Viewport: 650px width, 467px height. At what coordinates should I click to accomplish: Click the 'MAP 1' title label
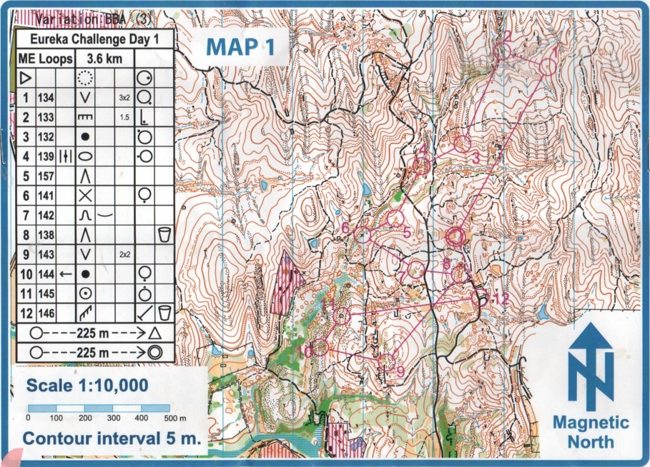(240, 47)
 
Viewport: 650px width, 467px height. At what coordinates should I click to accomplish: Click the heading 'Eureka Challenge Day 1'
(93, 39)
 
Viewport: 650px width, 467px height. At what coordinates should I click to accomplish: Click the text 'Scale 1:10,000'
(87, 386)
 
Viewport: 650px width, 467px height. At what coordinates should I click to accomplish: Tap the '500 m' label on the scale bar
(174, 418)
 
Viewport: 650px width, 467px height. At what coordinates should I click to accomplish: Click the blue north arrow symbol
(591, 364)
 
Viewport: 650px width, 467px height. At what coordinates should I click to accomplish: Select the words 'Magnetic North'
(591, 431)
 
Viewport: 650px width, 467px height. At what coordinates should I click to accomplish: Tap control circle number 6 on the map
(363, 234)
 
